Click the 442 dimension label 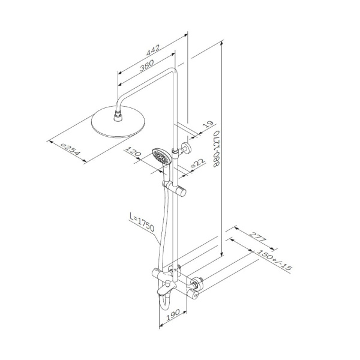[x=153, y=50]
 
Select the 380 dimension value [x=147, y=65]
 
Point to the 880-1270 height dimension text [x=217, y=149]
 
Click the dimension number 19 [x=208, y=124]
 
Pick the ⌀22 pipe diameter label [x=197, y=164]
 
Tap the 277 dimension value [x=257, y=237]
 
